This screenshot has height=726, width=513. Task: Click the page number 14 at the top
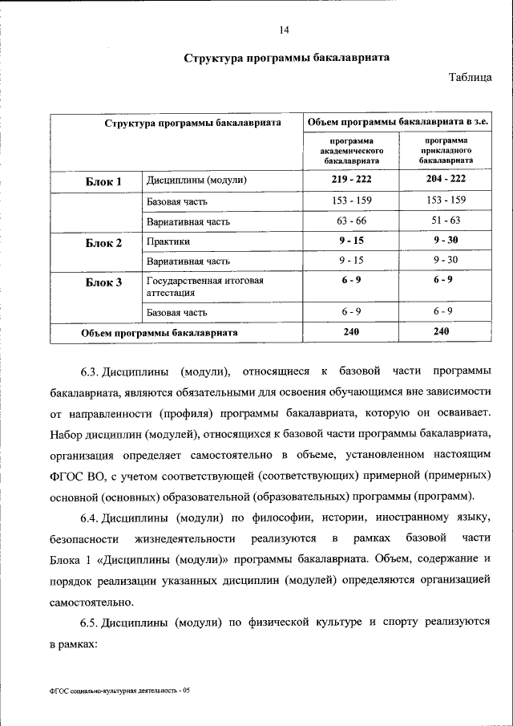click(x=284, y=30)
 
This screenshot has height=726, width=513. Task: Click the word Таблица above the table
click(x=471, y=77)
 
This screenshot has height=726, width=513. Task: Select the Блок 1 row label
click(x=103, y=181)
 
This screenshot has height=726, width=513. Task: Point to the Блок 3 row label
click(x=103, y=282)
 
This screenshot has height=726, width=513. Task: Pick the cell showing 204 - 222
click(x=446, y=180)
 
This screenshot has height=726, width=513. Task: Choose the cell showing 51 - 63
click(x=446, y=221)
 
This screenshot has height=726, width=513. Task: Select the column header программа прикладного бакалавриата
click(x=446, y=150)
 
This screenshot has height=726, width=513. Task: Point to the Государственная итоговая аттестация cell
click(x=204, y=287)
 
